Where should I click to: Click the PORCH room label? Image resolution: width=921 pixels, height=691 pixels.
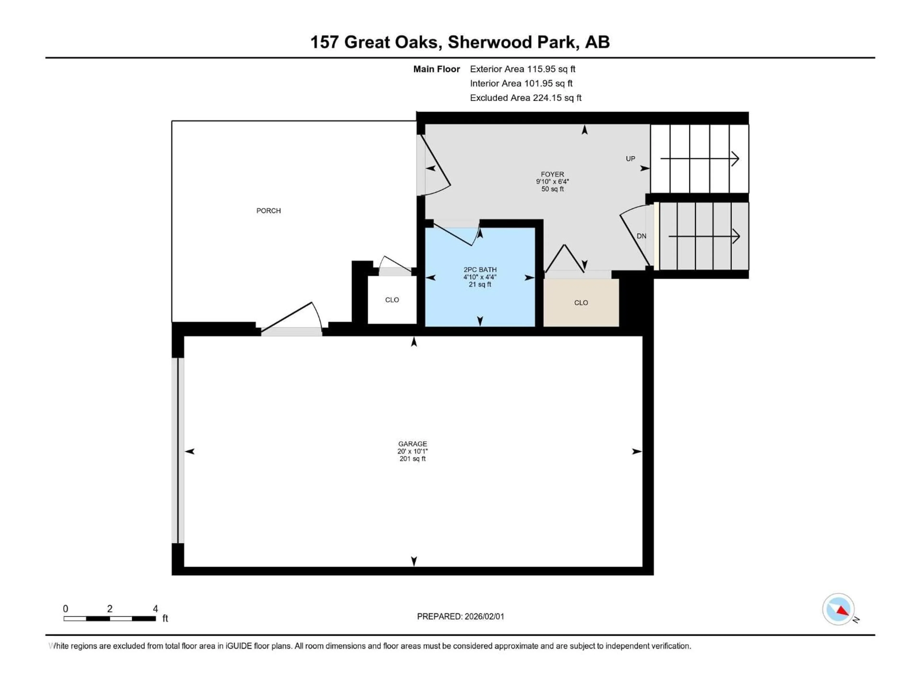pyautogui.click(x=269, y=211)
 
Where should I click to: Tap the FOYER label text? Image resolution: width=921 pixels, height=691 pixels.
pyautogui.click(x=552, y=174)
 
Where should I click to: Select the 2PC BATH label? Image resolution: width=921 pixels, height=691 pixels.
pyautogui.click(x=480, y=269)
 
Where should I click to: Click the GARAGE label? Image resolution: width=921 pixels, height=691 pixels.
pyautogui.click(x=412, y=444)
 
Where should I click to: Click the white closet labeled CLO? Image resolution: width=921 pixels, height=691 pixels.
pyautogui.click(x=392, y=300)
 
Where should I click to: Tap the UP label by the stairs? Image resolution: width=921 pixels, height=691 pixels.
pyautogui.click(x=630, y=159)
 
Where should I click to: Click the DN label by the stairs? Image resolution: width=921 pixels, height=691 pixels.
pyautogui.click(x=641, y=236)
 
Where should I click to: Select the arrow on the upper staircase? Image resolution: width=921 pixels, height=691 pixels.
pyautogui.click(x=699, y=159)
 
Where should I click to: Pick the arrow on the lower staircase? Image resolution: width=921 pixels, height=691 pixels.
pyautogui.click(x=704, y=236)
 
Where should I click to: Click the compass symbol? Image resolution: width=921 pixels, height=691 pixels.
pyautogui.click(x=838, y=609)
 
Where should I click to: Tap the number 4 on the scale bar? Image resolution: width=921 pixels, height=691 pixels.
pyautogui.click(x=155, y=609)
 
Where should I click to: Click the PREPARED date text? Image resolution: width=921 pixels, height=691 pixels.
pyautogui.click(x=460, y=616)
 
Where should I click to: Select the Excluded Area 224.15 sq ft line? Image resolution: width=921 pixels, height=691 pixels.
pyautogui.click(x=525, y=98)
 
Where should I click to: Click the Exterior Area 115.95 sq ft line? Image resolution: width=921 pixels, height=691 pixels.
pyautogui.click(x=523, y=69)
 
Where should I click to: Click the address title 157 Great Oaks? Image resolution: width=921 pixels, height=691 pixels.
pyautogui.click(x=460, y=42)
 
